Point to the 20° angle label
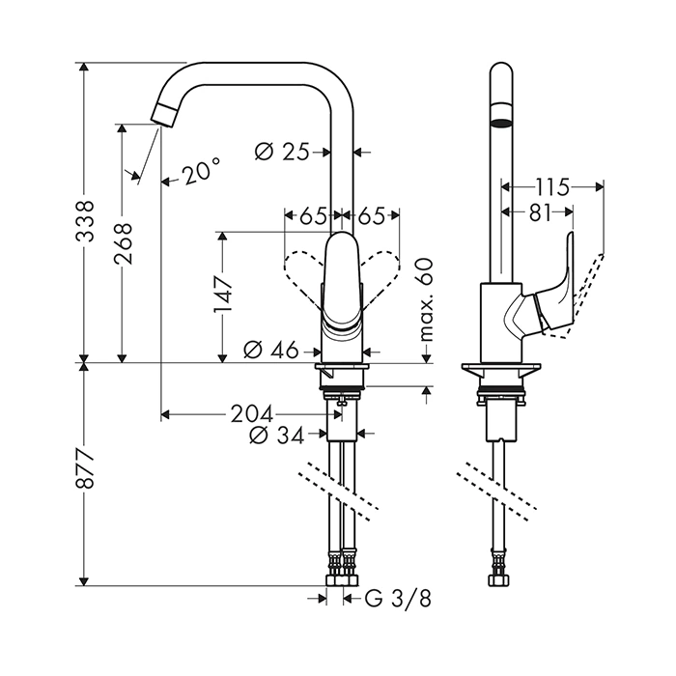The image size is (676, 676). [198, 174]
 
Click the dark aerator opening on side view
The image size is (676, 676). [502, 124]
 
